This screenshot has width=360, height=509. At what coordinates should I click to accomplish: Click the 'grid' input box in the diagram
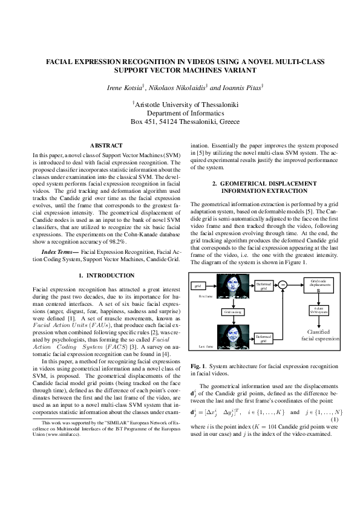pyautogui.click(x=197, y=285)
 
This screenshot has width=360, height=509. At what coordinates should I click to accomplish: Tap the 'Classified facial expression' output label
pyautogui.click(x=320, y=336)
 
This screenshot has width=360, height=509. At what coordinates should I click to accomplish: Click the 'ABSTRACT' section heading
pyautogui.click(x=106, y=146)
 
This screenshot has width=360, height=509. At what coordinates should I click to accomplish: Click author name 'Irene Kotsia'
pyautogui.click(x=125, y=88)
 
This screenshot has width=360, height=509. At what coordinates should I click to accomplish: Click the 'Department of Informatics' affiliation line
pyautogui.click(x=185, y=112)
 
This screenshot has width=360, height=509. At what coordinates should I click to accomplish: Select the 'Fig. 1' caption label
pyautogui.click(x=198, y=366)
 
